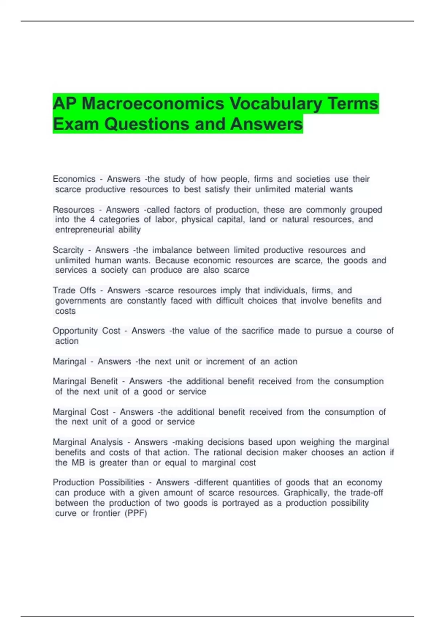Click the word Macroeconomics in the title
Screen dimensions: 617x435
coord(153,104)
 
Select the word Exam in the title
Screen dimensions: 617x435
coord(75,124)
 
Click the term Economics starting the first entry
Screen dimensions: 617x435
coord(74,179)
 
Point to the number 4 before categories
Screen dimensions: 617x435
coord(92,220)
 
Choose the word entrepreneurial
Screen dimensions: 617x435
coord(84,230)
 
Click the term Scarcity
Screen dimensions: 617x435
coord(68,250)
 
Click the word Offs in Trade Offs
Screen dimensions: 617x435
coord(88,290)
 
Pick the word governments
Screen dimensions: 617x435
coord(80,301)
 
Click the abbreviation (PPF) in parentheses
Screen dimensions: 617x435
coord(136,513)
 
